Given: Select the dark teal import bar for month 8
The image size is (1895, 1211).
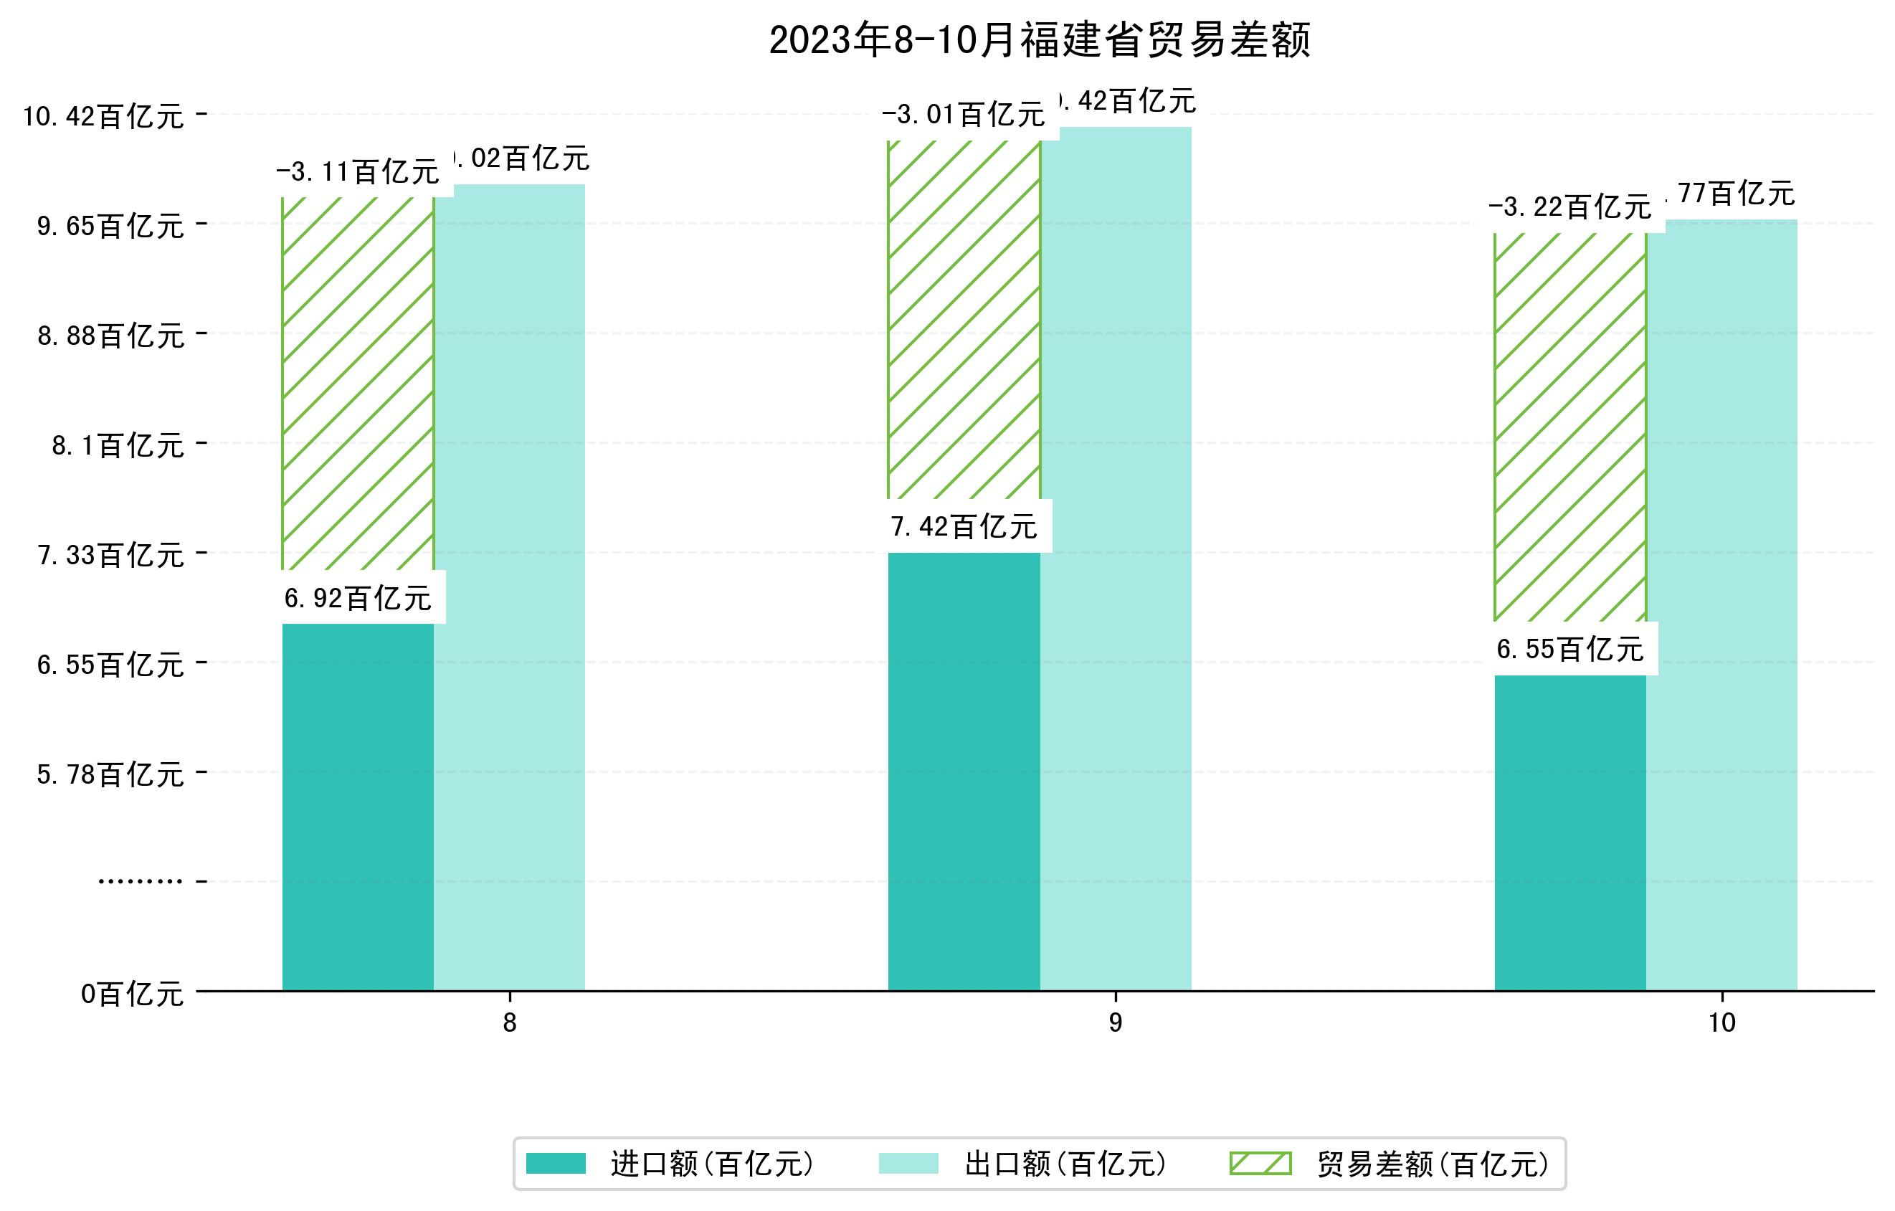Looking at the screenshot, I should click(x=357, y=807).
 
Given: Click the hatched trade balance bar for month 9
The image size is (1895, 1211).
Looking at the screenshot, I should click(x=964, y=318).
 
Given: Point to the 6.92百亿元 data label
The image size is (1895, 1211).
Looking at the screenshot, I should click(x=357, y=598).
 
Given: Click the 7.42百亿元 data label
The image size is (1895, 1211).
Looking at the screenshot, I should click(x=964, y=526).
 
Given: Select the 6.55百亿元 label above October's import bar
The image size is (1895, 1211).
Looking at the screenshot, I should click(x=1570, y=649).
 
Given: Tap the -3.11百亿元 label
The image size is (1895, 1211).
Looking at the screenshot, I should click(x=357, y=171).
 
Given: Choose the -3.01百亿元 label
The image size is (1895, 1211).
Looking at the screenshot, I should click(x=964, y=115).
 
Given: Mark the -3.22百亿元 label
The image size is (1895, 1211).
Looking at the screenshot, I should click(x=1570, y=207).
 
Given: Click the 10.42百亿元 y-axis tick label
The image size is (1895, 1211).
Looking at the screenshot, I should click(x=103, y=116).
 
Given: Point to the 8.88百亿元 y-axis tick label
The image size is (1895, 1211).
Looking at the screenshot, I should click(x=110, y=336).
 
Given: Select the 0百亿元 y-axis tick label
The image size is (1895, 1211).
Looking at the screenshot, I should click(x=132, y=994).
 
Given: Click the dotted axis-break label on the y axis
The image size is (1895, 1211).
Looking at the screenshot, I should click(x=140, y=881).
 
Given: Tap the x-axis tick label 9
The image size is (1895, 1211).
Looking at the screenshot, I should click(x=1115, y=1023).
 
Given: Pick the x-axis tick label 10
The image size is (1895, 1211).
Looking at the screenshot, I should click(x=1722, y=1023).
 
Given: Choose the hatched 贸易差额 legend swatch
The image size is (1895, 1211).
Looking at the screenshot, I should click(x=1260, y=1163).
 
